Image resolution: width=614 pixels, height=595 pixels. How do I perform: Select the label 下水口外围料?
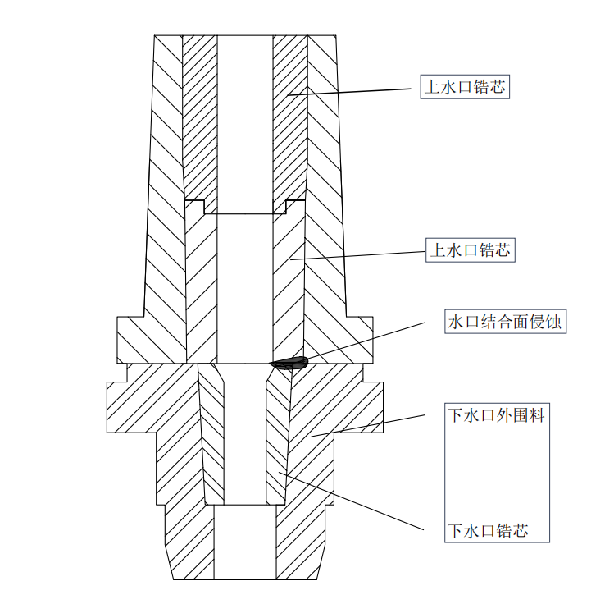coord(495,415)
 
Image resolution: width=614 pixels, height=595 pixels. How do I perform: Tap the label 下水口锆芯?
coord(487,531)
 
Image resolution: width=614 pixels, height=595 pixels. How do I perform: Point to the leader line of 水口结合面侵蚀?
coord(369,341)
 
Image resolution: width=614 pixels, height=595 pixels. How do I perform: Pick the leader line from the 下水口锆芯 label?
coord(352,501)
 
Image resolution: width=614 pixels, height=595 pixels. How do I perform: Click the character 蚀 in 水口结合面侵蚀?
coord(555,322)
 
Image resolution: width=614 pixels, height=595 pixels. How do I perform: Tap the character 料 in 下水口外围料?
coord(536,415)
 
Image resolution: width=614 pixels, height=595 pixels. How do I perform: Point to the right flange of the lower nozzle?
coord(367,400)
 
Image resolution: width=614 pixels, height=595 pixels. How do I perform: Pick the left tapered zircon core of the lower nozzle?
coord(211,435)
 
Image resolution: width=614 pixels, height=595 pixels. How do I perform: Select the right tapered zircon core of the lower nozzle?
coord(278,435)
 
